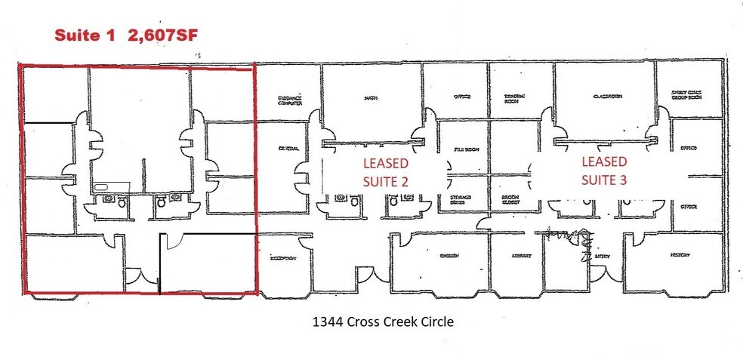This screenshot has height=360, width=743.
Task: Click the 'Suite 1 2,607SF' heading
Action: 126,35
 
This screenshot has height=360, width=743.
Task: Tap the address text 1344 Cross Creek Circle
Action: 383,322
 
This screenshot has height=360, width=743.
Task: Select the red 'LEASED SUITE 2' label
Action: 385,171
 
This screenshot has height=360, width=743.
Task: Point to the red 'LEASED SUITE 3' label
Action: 603,171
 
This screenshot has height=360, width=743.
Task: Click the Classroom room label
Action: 606,97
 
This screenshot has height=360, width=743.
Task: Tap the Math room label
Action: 370,98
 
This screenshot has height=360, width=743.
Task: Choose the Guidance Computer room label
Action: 290,100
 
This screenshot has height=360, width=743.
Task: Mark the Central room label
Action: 288,149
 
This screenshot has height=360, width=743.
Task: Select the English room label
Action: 450,256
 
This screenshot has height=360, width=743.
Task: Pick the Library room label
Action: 522,256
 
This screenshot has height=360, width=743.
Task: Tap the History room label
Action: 680,256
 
